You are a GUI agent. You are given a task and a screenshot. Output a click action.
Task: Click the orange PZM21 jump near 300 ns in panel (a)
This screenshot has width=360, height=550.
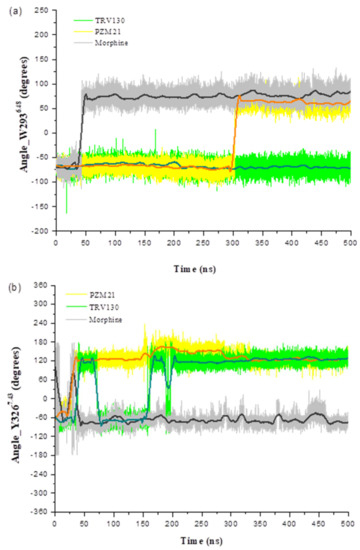pos(235,135)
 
